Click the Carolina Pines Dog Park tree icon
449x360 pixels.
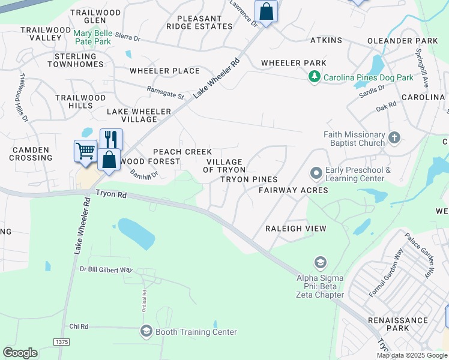point(314,77)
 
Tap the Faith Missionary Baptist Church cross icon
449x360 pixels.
point(394,139)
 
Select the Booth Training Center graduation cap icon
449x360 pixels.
point(146,331)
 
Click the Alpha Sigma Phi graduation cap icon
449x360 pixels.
point(320,262)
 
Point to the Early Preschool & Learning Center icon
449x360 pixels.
point(316,173)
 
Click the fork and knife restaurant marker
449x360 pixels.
point(111,139)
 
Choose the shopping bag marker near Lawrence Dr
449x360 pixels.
point(266,11)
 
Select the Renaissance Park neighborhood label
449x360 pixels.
point(397,324)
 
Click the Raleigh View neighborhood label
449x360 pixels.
point(295,229)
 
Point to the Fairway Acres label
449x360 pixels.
point(293,190)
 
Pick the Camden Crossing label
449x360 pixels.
point(30,153)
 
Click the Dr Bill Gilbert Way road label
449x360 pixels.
point(106,269)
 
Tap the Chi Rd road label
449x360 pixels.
point(79,326)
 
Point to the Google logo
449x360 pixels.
point(20,352)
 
